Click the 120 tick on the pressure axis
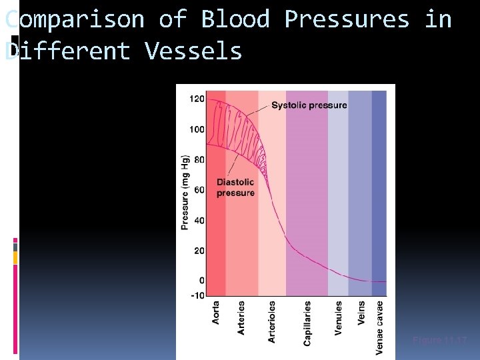pos(197,99)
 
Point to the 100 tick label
pos(197,129)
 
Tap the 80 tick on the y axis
pos(199,160)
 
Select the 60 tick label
pos(199,190)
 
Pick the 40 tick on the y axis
pos(199,220)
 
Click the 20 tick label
pos(199,251)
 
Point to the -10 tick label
pos(197,294)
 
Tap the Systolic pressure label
pos(309,105)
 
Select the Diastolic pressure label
pos(235,187)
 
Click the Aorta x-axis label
pos(216,313)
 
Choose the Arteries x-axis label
pos(241,317)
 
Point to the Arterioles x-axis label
pos(272,321)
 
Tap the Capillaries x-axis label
pos(307,323)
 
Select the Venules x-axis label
pos(339,317)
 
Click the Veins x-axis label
pos(361,313)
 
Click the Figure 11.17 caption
pos(440,341)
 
